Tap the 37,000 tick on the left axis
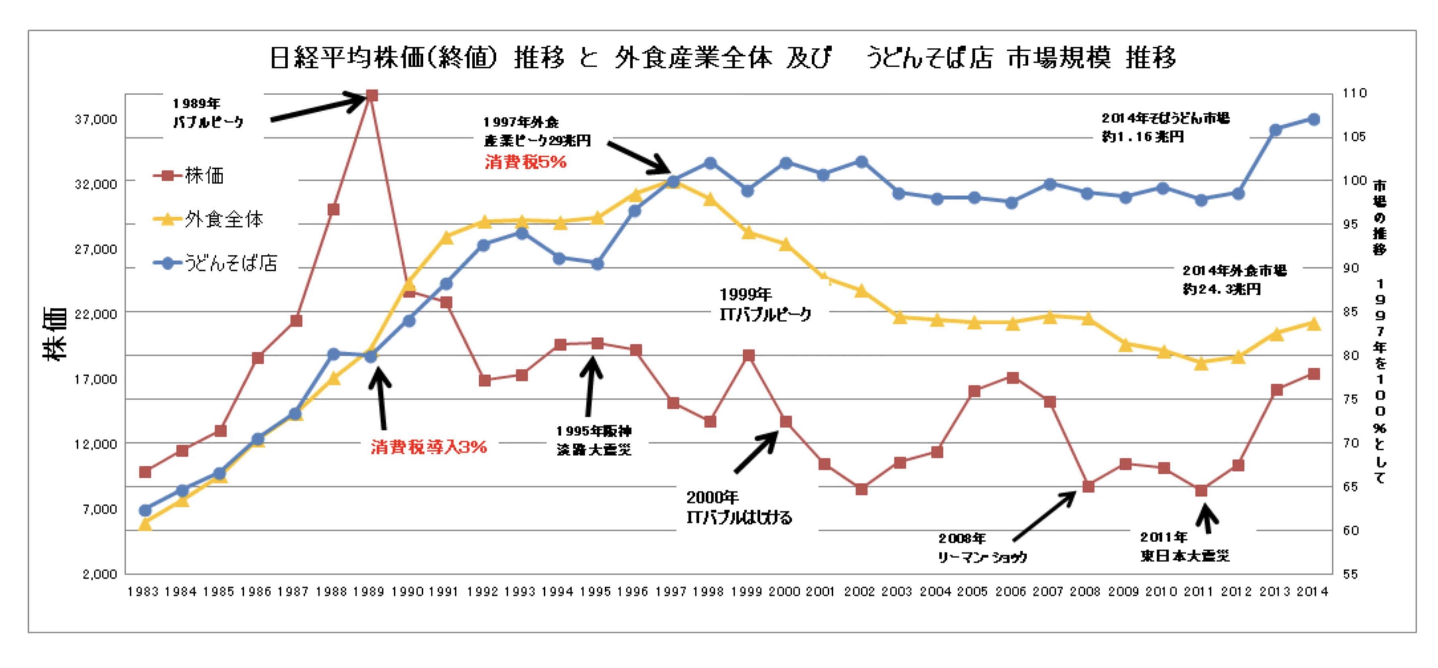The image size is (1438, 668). (96, 119)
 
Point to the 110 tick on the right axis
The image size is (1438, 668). (1355, 93)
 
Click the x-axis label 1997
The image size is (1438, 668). (671, 591)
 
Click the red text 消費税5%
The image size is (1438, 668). (525, 162)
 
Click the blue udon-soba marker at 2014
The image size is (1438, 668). (1314, 119)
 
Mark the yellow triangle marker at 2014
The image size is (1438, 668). (1314, 324)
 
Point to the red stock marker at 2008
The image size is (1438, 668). (1088, 487)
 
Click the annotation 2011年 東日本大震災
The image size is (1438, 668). (1184, 547)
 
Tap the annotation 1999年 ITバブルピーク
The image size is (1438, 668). (765, 305)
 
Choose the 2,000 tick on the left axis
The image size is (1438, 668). (99, 574)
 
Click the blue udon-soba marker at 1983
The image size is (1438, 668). (145, 510)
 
